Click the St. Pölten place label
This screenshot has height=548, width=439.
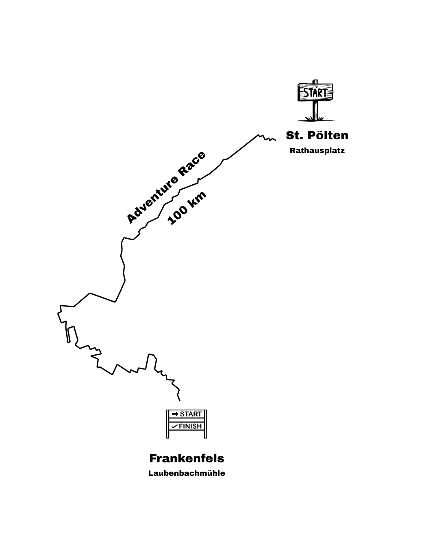pos(317,136)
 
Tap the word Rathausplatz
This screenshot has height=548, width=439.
pos(317,151)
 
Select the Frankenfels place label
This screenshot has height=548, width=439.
pos(187,459)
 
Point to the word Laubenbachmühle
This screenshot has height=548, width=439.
pos(187,473)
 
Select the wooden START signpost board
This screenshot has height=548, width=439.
pos(315,92)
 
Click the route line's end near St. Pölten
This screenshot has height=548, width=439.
pos(276,140)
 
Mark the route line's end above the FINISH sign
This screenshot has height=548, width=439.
pos(180,401)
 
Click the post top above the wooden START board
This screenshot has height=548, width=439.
pos(315,82)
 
